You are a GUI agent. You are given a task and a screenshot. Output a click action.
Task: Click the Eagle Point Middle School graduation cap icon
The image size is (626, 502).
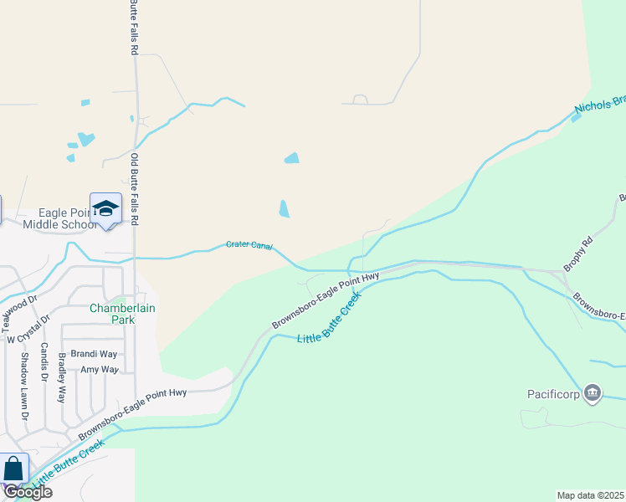click(105, 208)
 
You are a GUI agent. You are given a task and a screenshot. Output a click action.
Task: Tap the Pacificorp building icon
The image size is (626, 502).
click(593, 392)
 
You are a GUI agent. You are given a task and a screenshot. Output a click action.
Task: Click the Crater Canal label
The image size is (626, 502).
click(249, 245)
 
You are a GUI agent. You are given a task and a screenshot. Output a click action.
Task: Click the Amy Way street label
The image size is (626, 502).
click(99, 369)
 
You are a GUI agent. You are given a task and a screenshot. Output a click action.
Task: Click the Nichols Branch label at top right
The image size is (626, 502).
click(600, 105)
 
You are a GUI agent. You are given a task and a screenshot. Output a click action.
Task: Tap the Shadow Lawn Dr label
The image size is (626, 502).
click(24, 386)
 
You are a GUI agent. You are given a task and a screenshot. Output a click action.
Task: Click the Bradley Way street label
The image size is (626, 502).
click(62, 378)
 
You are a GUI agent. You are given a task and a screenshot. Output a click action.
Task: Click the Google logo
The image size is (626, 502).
click(27, 492)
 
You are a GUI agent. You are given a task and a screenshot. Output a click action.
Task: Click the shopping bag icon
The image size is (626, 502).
click(13, 469)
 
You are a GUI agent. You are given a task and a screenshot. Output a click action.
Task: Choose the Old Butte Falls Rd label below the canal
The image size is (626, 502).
click(133, 187)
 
